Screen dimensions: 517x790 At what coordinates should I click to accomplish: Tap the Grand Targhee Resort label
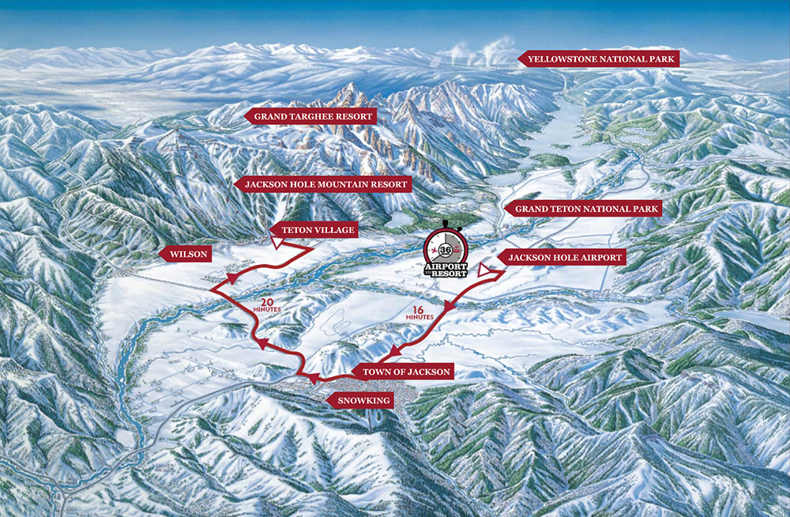pyautogui.click(x=312, y=116)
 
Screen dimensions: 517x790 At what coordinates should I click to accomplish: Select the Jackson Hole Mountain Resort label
pyautogui.click(x=326, y=184)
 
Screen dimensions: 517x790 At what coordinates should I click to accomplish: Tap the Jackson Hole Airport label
pyautogui.click(x=566, y=258)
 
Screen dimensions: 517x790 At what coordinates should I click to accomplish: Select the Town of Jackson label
pyautogui.click(x=405, y=372)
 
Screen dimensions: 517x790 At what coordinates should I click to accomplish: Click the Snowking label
pyautogui.click(x=363, y=401)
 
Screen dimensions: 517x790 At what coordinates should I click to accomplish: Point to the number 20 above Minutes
pyautogui.click(x=267, y=301)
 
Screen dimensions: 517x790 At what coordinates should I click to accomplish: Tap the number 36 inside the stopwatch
pyautogui.click(x=445, y=247)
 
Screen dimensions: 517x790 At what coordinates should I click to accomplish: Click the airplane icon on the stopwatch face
pyautogui.click(x=434, y=250)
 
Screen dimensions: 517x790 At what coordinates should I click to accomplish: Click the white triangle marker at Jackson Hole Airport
pyautogui.click(x=483, y=271)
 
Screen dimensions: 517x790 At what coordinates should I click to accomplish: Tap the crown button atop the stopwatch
pyautogui.click(x=446, y=222)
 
